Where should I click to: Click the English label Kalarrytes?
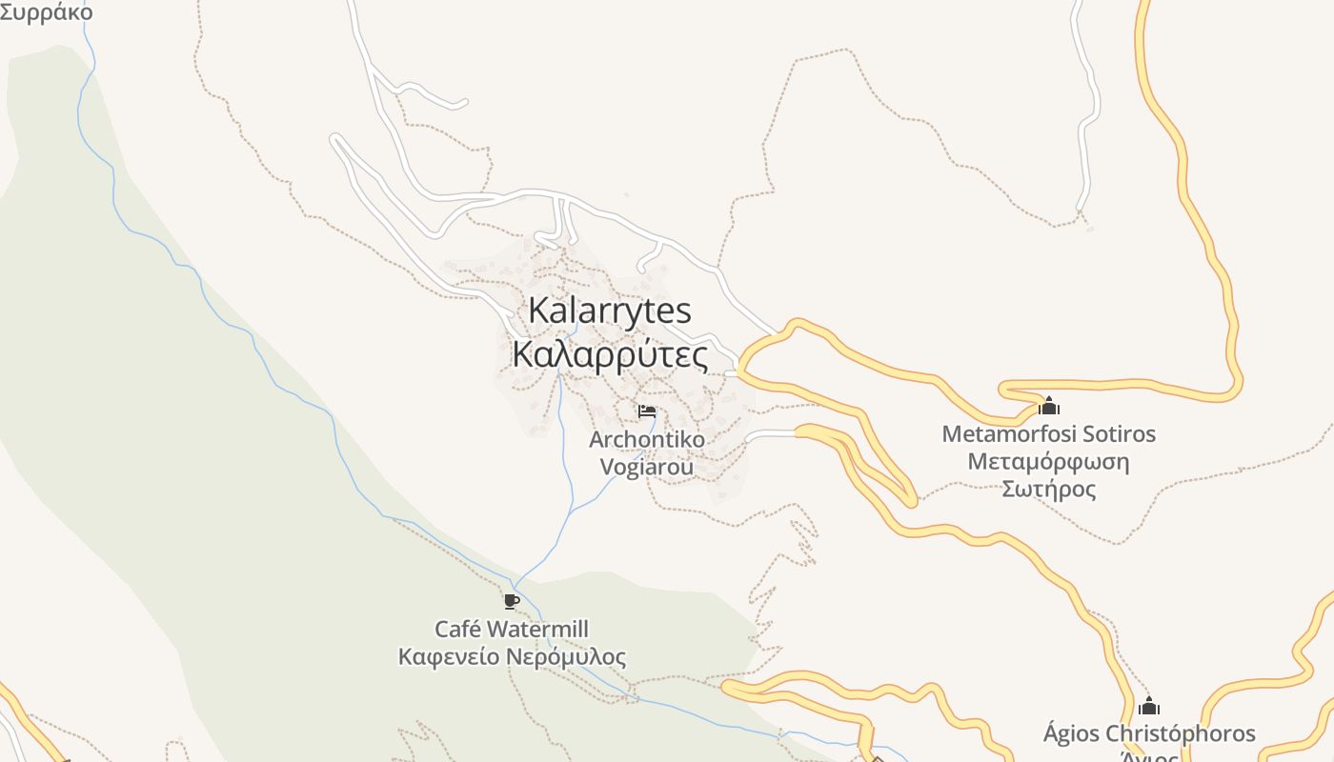coord(610,311)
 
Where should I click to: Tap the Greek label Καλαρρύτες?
coord(610,355)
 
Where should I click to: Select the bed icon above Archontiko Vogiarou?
coord(647,411)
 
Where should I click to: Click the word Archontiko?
coord(647,440)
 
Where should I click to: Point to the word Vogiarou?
coord(647,467)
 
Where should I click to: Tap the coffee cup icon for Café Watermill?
coord(512,601)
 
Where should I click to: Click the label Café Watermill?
coord(512,629)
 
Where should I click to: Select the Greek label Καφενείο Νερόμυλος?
coord(512,656)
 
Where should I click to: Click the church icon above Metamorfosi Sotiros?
coord(1048,406)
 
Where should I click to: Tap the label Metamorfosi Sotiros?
coord(1048,434)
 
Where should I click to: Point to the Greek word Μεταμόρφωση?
coord(1048,462)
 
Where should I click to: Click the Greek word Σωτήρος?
coord(1048,490)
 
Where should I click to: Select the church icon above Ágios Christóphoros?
coord(1149,706)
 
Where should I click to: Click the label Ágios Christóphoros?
coord(1149,734)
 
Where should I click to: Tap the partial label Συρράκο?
coord(46,12)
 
